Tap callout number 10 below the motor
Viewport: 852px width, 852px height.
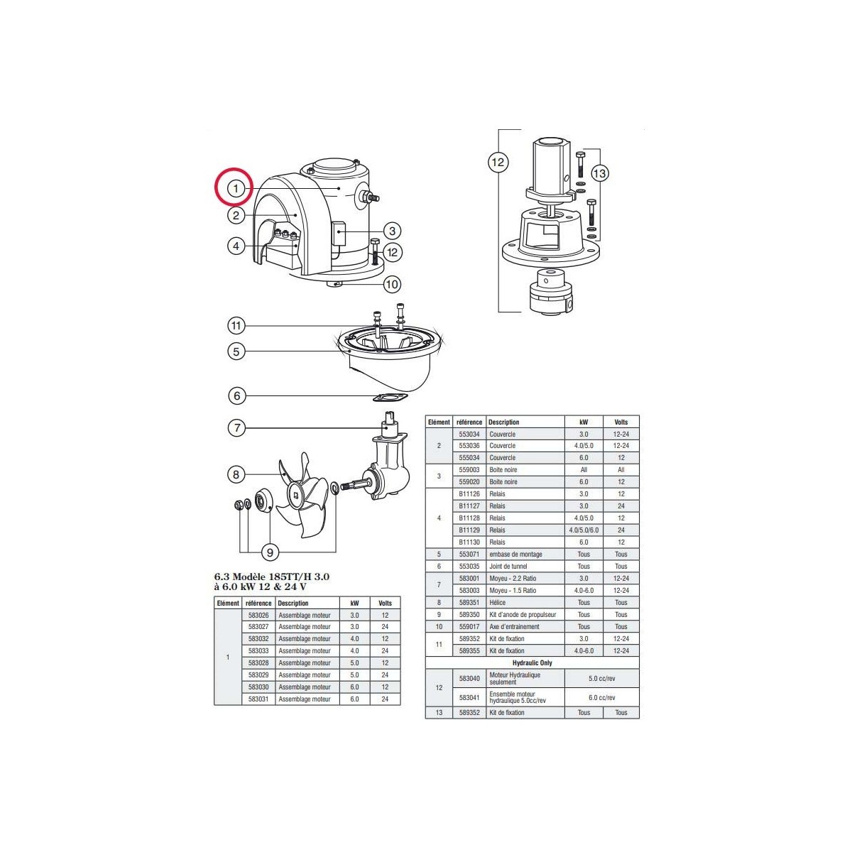pyautogui.click(x=391, y=285)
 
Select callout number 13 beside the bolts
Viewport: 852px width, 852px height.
pyautogui.click(x=600, y=173)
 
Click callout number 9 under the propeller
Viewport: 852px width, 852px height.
pyautogui.click(x=270, y=552)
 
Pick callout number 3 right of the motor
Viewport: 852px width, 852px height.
pyautogui.click(x=391, y=231)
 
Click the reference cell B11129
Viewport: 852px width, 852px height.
pyautogui.click(x=469, y=530)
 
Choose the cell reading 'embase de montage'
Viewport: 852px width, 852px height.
pyautogui.click(x=515, y=555)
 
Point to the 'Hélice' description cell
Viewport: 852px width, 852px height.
pyautogui.click(x=498, y=603)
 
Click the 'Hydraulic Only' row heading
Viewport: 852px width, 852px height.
pyautogui.click(x=532, y=662)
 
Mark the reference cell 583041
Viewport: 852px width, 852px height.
pyautogui.click(x=469, y=697)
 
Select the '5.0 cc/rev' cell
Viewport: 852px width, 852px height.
pyautogui.click(x=601, y=678)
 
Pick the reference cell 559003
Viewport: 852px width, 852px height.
pyautogui.click(x=469, y=470)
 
